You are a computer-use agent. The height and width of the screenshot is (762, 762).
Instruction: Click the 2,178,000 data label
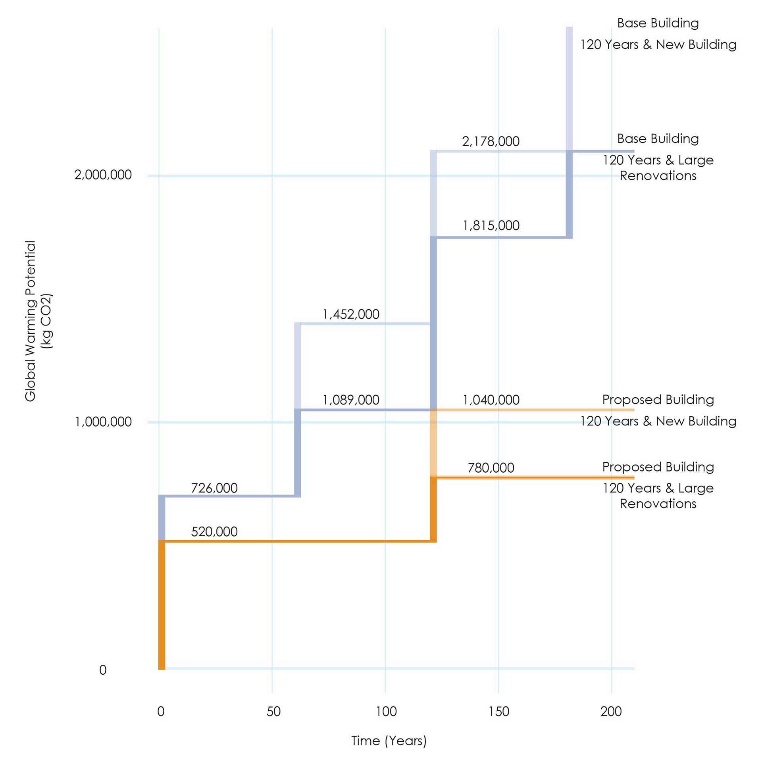click(491, 141)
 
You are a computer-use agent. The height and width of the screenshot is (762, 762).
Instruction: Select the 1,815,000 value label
click(491, 225)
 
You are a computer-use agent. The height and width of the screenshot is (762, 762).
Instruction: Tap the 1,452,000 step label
click(351, 314)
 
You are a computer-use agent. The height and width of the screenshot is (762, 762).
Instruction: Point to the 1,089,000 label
click(351, 400)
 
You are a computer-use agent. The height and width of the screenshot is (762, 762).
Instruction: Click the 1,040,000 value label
click(491, 400)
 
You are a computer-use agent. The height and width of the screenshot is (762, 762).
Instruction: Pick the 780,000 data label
click(491, 468)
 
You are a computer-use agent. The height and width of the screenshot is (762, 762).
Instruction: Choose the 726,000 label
click(214, 488)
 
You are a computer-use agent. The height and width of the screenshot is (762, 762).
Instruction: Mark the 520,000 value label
click(214, 531)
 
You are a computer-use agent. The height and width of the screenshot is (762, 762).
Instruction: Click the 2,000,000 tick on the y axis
click(103, 175)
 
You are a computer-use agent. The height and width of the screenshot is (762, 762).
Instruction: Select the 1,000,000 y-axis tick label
click(103, 421)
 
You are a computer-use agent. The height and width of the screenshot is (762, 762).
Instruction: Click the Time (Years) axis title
click(389, 741)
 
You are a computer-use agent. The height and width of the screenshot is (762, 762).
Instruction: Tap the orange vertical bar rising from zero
click(162, 603)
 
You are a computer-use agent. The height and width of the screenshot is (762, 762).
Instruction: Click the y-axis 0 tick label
click(103, 670)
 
